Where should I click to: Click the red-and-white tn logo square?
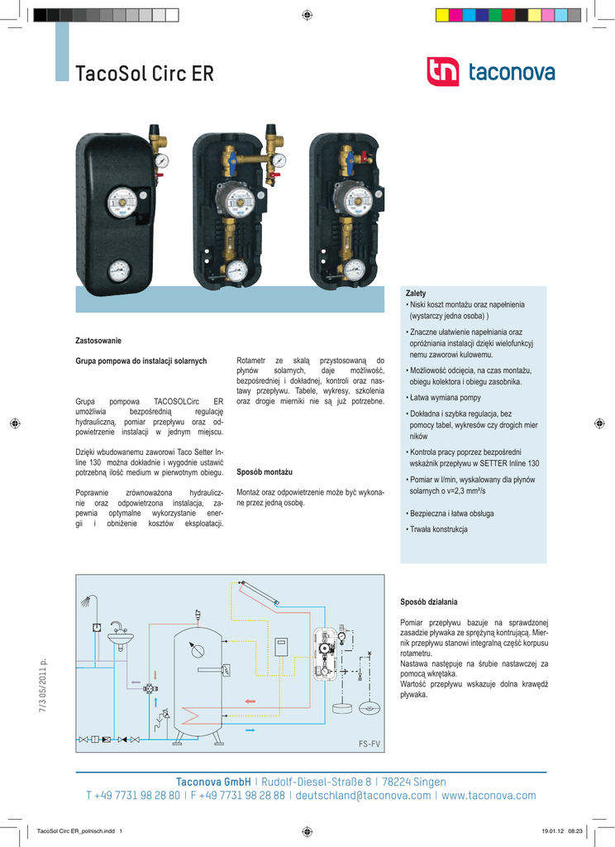pyautogui.click(x=442, y=72)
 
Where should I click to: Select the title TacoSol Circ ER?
pyautogui.click(x=145, y=74)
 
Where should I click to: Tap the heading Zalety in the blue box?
pyautogui.click(x=416, y=294)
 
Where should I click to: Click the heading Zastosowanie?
pyautogui.click(x=98, y=341)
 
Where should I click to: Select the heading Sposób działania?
pyautogui.click(x=428, y=601)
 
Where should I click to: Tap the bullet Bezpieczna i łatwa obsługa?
pyautogui.click(x=451, y=514)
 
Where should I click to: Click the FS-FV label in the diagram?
pyautogui.click(x=369, y=744)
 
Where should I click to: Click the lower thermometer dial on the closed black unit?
pyautogui.click(x=120, y=269)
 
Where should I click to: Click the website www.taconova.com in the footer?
pyautogui.click(x=489, y=796)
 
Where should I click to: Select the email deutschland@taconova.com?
pyautogui.click(x=363, y=796)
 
